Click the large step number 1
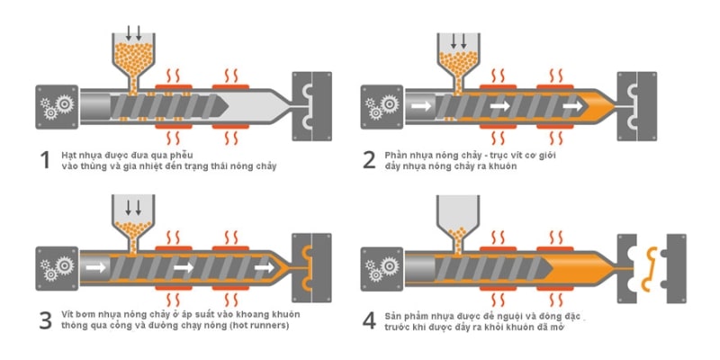coord(43,160)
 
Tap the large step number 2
coord(369,160)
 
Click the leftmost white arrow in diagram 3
coord(94,267)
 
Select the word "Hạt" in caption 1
coord(69,155)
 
